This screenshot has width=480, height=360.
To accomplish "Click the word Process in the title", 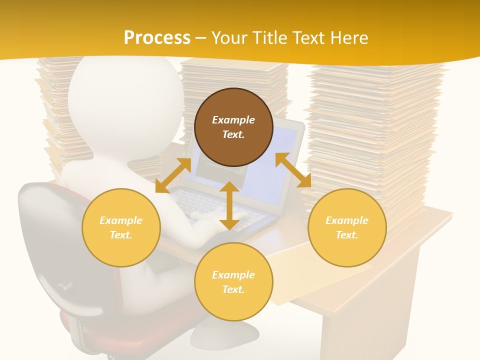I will point(157,37).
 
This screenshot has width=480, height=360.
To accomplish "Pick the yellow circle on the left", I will point(121,227).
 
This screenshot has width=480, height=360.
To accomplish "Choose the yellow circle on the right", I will point(347,227).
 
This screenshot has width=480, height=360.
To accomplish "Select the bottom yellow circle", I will point(233,282).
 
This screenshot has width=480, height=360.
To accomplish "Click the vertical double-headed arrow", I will point(229,205).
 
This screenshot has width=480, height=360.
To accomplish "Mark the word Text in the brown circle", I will point(233,134).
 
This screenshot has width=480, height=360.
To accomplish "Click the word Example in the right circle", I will point(347,220).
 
